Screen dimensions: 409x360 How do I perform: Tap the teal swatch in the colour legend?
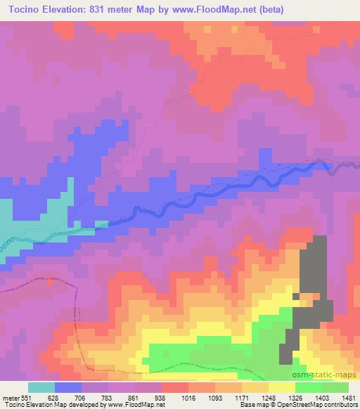[x=41, y=387]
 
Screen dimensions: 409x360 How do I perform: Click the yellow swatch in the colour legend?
[x=282, y=387]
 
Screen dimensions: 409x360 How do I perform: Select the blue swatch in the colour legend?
[x=68, y=387]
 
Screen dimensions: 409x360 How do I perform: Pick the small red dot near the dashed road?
[x=49, y=283]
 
